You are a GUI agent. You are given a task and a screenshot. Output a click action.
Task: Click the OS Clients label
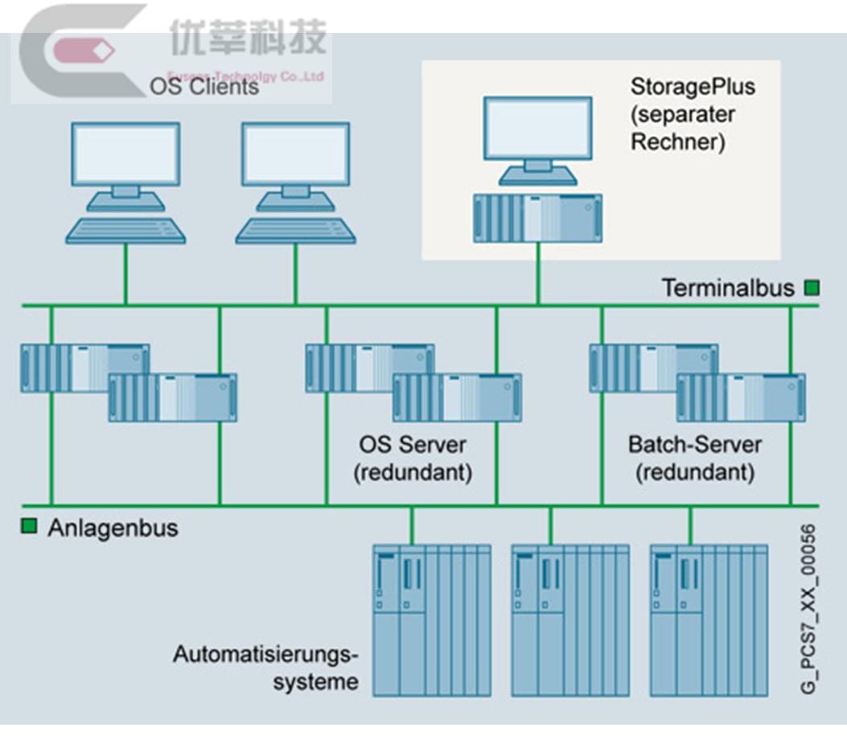204,86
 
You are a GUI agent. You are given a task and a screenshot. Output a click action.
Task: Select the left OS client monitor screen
125,155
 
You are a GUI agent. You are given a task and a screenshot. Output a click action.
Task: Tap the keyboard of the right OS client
295,231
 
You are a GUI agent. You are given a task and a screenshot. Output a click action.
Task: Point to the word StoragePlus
693,85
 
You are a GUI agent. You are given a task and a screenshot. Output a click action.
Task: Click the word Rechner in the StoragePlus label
677,142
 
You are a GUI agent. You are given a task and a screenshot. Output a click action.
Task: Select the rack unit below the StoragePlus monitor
538,218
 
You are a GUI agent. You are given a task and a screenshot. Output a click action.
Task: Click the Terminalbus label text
727,288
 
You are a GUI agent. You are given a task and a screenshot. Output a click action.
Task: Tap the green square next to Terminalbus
812,287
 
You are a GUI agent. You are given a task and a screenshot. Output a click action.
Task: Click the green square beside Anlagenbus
29,527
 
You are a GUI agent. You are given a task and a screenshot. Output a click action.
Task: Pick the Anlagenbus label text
113,528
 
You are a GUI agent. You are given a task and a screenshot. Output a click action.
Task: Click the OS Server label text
413,444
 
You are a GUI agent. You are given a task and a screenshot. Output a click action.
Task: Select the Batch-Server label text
695,444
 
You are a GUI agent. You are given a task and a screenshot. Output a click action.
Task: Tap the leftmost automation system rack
432,619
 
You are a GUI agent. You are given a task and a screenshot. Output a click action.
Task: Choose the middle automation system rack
571,619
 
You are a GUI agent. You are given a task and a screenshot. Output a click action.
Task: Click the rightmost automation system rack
709,619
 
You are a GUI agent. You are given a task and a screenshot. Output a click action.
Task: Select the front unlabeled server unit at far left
173,397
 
